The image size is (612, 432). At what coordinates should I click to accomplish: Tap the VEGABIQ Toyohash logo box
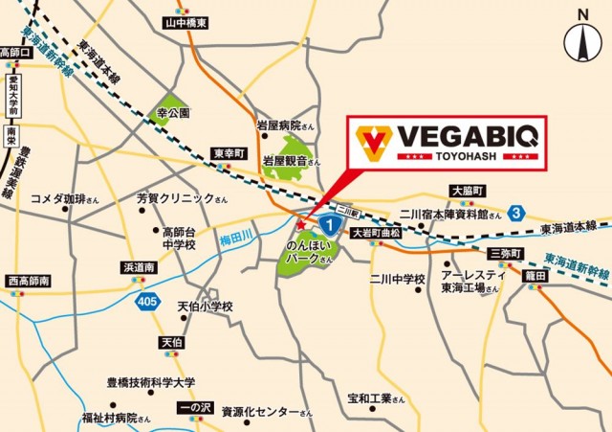click(x=444, y=141)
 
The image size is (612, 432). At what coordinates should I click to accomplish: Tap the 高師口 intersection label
click(x=17, y=53)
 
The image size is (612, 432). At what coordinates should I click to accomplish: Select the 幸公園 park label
click(x=173, y=111)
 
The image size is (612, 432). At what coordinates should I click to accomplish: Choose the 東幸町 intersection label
click(x=230, y=153)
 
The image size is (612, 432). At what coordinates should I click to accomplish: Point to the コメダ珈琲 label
click(x=65, y=199)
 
